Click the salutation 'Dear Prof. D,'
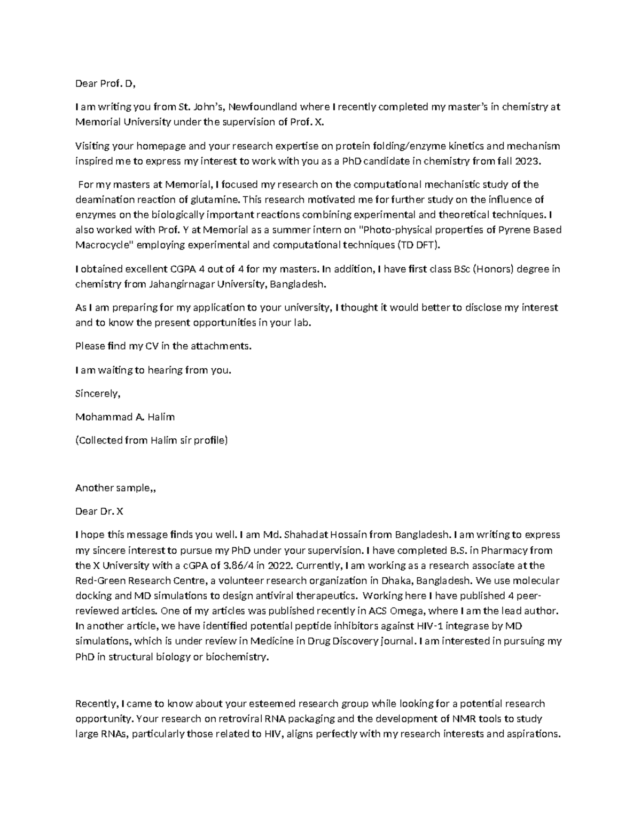point(105,83)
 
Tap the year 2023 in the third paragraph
point(534,161)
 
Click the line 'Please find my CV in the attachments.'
point(163,346)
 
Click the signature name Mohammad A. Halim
point(125,417)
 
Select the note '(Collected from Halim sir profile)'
point(151,440)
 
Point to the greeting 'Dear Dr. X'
point(99,511)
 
